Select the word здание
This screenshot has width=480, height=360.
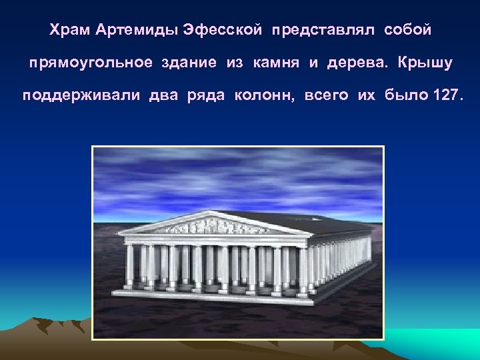[x=189, y=63]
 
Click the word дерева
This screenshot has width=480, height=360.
[x=353, y=63]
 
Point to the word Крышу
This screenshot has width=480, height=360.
[x=425, y=63]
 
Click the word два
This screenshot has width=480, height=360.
[x=163, y=95]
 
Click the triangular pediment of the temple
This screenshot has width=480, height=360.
[x=213, y=225]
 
